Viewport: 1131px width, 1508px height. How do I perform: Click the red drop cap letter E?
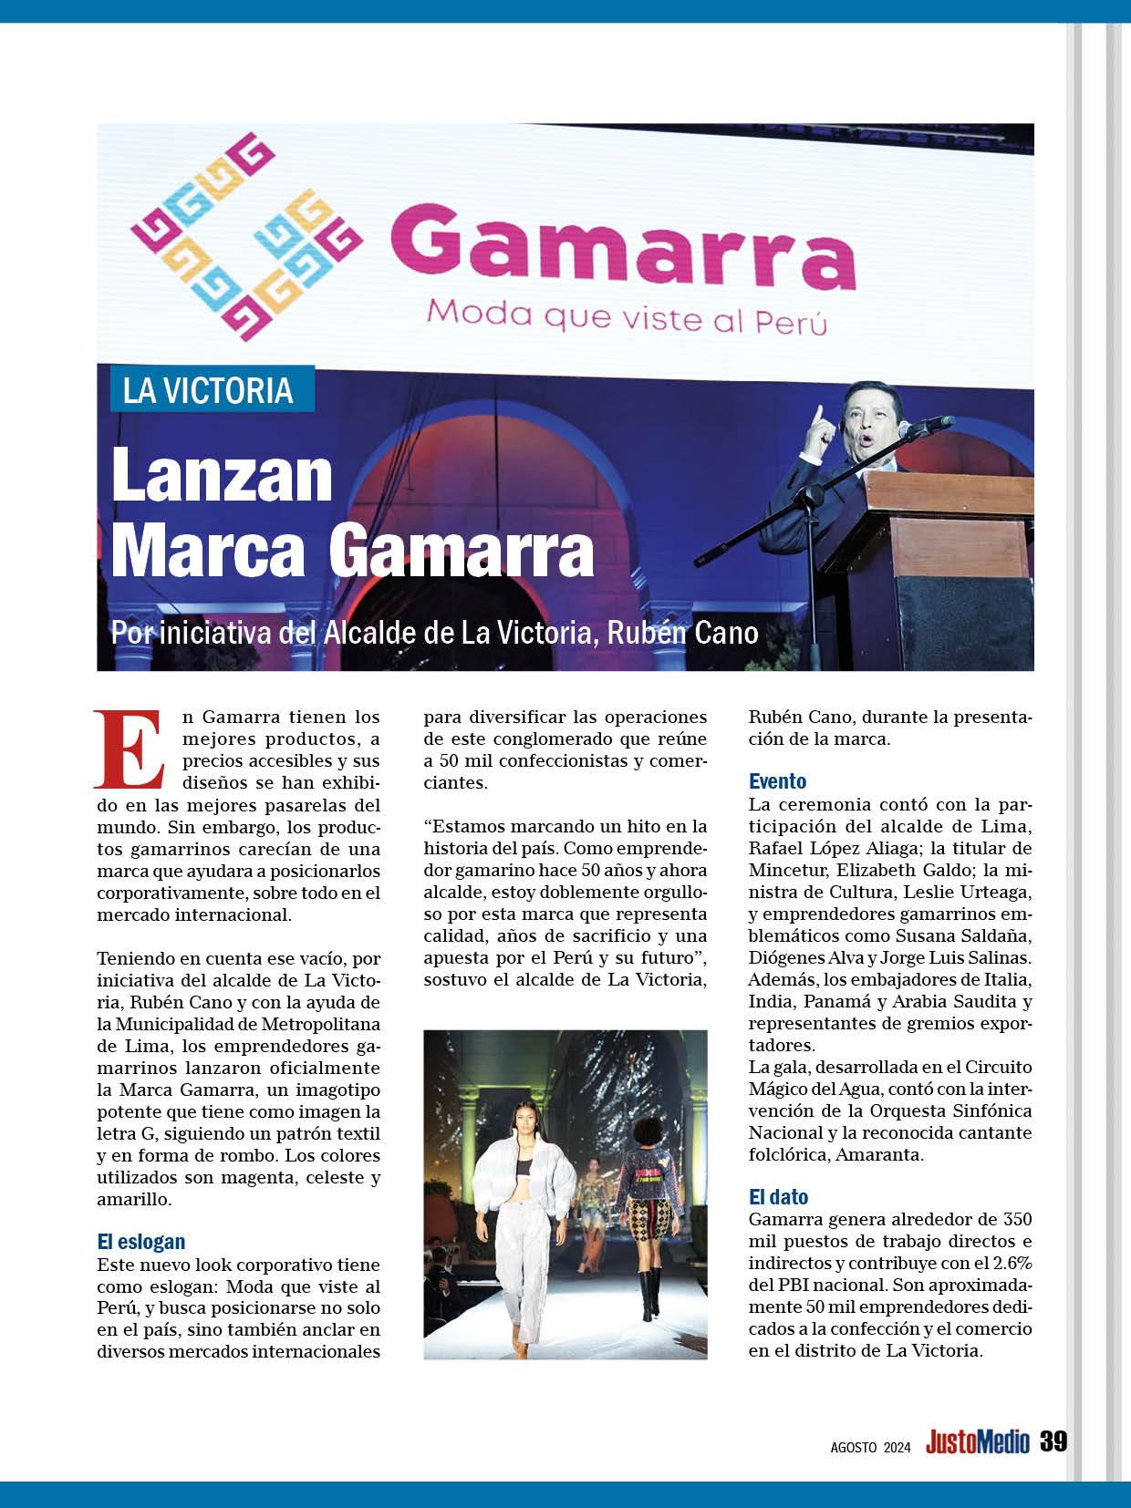pos(129,749)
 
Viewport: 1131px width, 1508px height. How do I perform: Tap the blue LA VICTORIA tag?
pos(209,390)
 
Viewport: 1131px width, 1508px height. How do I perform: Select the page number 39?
pos(1053,1441)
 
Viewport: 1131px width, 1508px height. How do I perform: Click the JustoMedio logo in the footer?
pos(978,1442)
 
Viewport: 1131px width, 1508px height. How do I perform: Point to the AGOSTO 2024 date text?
pos(870,1446)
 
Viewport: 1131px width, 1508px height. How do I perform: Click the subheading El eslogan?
pos(141,1242)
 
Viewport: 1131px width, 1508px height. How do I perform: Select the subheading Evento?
pos(777,781)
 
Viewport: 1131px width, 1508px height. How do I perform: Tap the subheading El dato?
pos(778,1197)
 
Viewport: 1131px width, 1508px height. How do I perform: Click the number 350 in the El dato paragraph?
pos(1017,1220)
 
